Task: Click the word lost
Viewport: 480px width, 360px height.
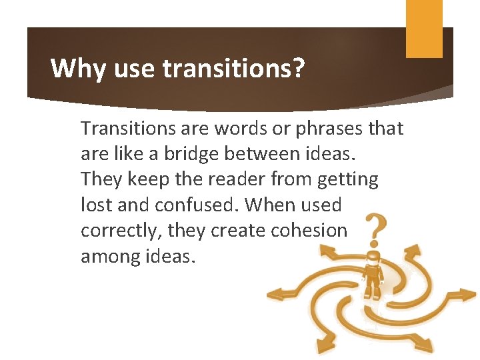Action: [95, 205]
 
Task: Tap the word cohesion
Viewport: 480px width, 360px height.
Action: [309, 231]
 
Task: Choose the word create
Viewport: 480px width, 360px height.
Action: [239, 231]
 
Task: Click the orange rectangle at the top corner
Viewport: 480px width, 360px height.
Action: [424, 28]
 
